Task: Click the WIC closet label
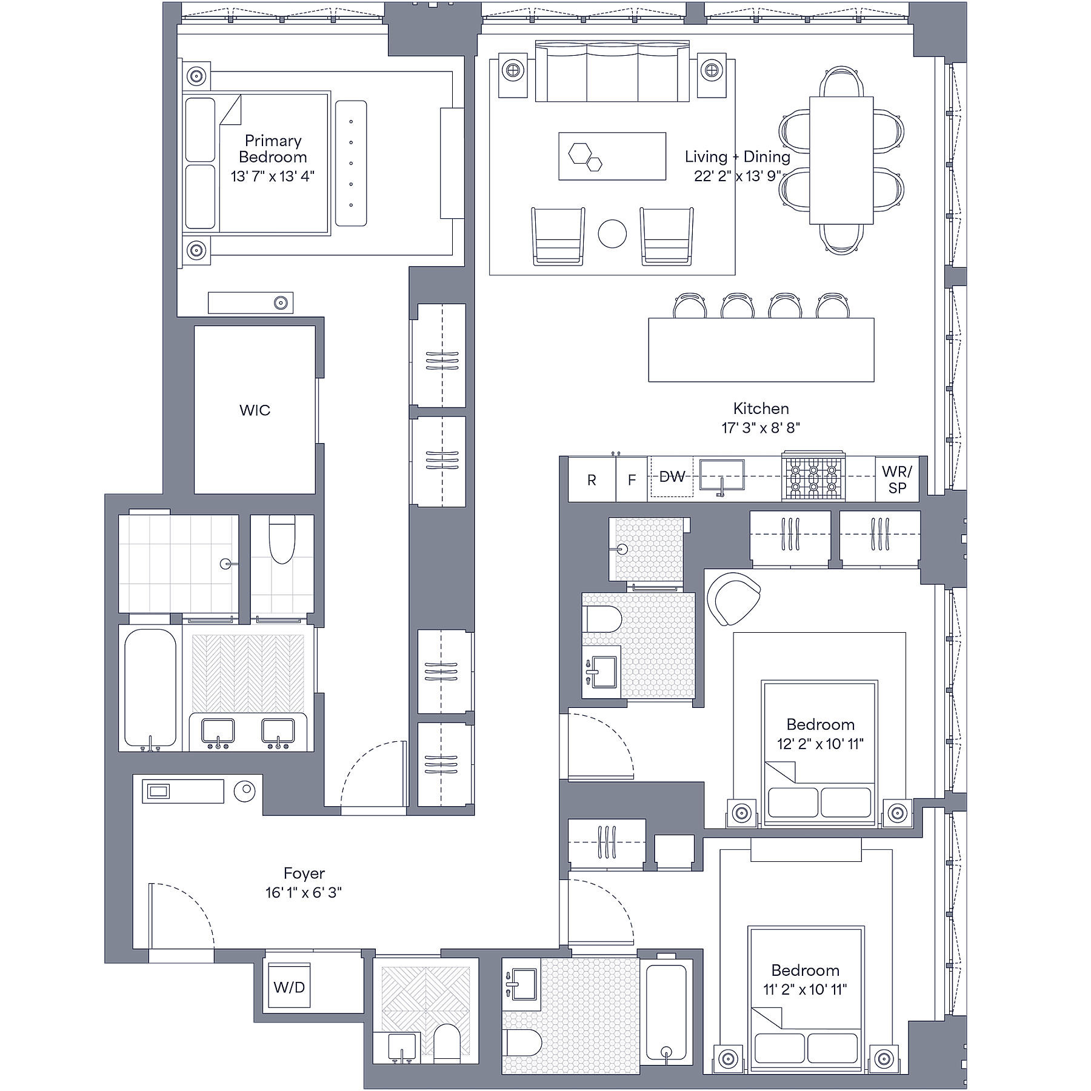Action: [255, 410]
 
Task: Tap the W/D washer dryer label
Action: [289, 987]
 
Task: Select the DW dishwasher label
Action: [672, 477]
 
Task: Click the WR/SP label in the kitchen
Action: [896, 479]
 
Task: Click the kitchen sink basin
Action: [722, 474]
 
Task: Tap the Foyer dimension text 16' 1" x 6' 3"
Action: [304, 893]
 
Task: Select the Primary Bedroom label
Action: [273, 149]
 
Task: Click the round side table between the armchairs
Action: [612, 233]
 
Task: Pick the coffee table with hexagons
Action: [612, 156]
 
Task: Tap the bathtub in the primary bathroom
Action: [150, 688]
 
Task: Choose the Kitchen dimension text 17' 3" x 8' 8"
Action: [761, 428]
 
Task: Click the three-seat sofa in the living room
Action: [612, 72]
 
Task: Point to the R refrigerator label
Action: [592, 480]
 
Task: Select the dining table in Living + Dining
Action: [841, 160]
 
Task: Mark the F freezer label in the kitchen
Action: [632, 480]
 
